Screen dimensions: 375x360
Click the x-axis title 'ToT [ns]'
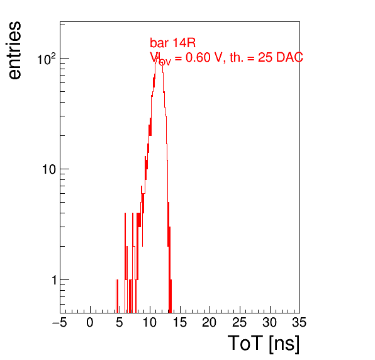coord(264,344)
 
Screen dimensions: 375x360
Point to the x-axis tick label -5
coord(60,322)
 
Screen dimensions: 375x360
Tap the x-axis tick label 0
coord(90,322)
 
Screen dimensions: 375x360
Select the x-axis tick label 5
coord(120,322)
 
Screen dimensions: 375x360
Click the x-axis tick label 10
coord(150,322)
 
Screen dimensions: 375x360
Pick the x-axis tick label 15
coord(180,322)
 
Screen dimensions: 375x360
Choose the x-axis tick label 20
coord(210,322)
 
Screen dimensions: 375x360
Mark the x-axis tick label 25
coord(239,322)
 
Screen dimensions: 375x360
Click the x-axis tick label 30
coord(270,322)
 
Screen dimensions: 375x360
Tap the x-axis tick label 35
coord(299,322)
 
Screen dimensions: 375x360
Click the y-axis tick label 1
coord(54,280)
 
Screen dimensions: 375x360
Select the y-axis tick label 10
coord(49,169)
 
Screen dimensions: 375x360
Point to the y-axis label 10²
coord(47,59)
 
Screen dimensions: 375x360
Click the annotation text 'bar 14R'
coord(172,43)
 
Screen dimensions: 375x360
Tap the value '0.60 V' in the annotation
coord(204,57)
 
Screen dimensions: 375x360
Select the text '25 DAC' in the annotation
coord(281,57)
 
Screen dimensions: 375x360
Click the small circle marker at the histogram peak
coord(162,62)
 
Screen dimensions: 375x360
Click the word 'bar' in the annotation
coord(159,43)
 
